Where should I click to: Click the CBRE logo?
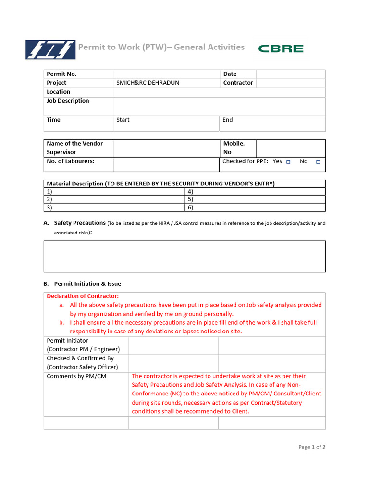[x=281, y=49]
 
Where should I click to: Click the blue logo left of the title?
[x=50, y=49]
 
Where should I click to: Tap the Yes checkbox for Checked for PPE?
[x=288, y=162]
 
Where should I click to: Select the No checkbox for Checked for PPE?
[x=318, y=162]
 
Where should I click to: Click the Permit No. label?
[x=61, y=74]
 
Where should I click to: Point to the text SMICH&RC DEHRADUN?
[x=148, y=83]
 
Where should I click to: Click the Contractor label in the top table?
[x=238, y=83]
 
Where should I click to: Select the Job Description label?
[x=68, y=101]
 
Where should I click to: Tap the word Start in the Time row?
[x=123, y=120]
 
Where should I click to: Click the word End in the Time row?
[x=227, y=120]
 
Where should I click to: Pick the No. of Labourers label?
[x=71, y=161]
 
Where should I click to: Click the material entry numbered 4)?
[x=190, y=191]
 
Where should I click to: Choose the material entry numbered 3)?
[x=49, y=208]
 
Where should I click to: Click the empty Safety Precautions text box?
[x=184, y=257]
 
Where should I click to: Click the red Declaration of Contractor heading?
[x=83, y=296]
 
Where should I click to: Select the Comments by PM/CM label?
[x=76, y=376]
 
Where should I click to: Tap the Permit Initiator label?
[x=67, y=341]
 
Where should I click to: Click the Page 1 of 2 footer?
[x=312, y=447]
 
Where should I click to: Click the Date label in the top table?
[x=230, y=74]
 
